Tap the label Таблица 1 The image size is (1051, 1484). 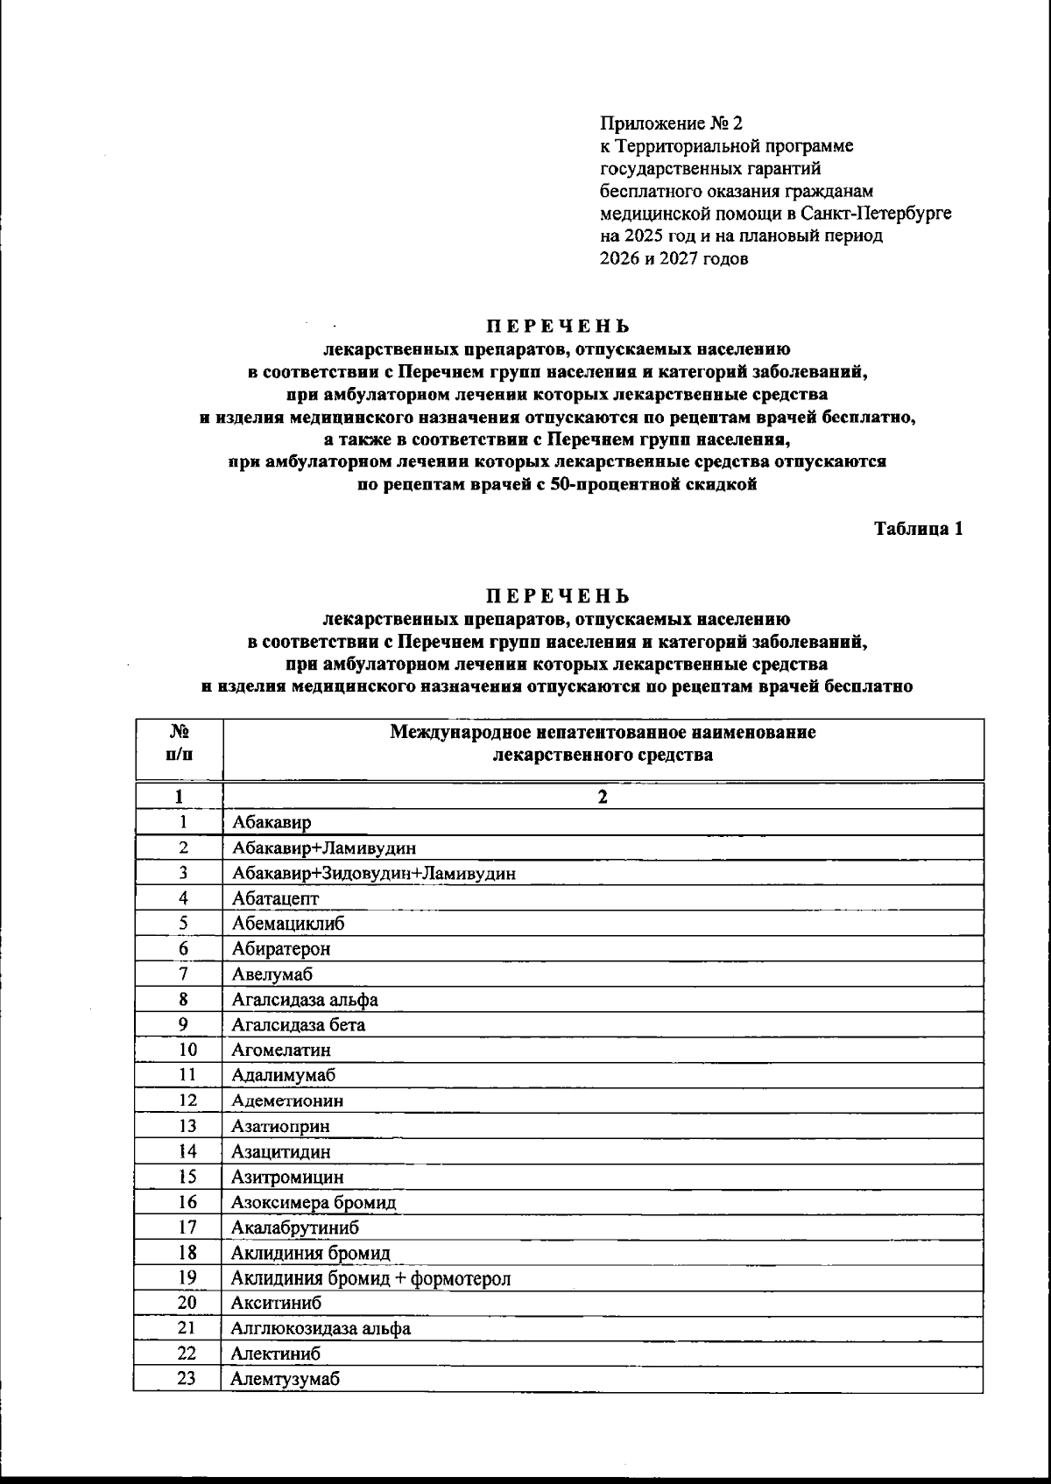pos(919,529)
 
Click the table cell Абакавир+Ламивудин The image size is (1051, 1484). pos(324,847)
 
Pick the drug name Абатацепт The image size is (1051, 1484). pos(276,898)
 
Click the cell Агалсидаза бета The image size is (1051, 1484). pos(299,1024)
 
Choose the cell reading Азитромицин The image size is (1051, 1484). pos(287,1177)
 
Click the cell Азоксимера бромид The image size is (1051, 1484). pos(314,1202)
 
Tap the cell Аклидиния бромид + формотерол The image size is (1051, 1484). pos(370,1278)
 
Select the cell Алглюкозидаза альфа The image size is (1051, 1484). pos(321,1329)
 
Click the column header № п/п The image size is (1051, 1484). pos(180,742)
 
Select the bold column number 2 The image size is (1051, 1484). pos(602,797)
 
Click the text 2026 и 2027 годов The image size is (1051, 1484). pos(674,259)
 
